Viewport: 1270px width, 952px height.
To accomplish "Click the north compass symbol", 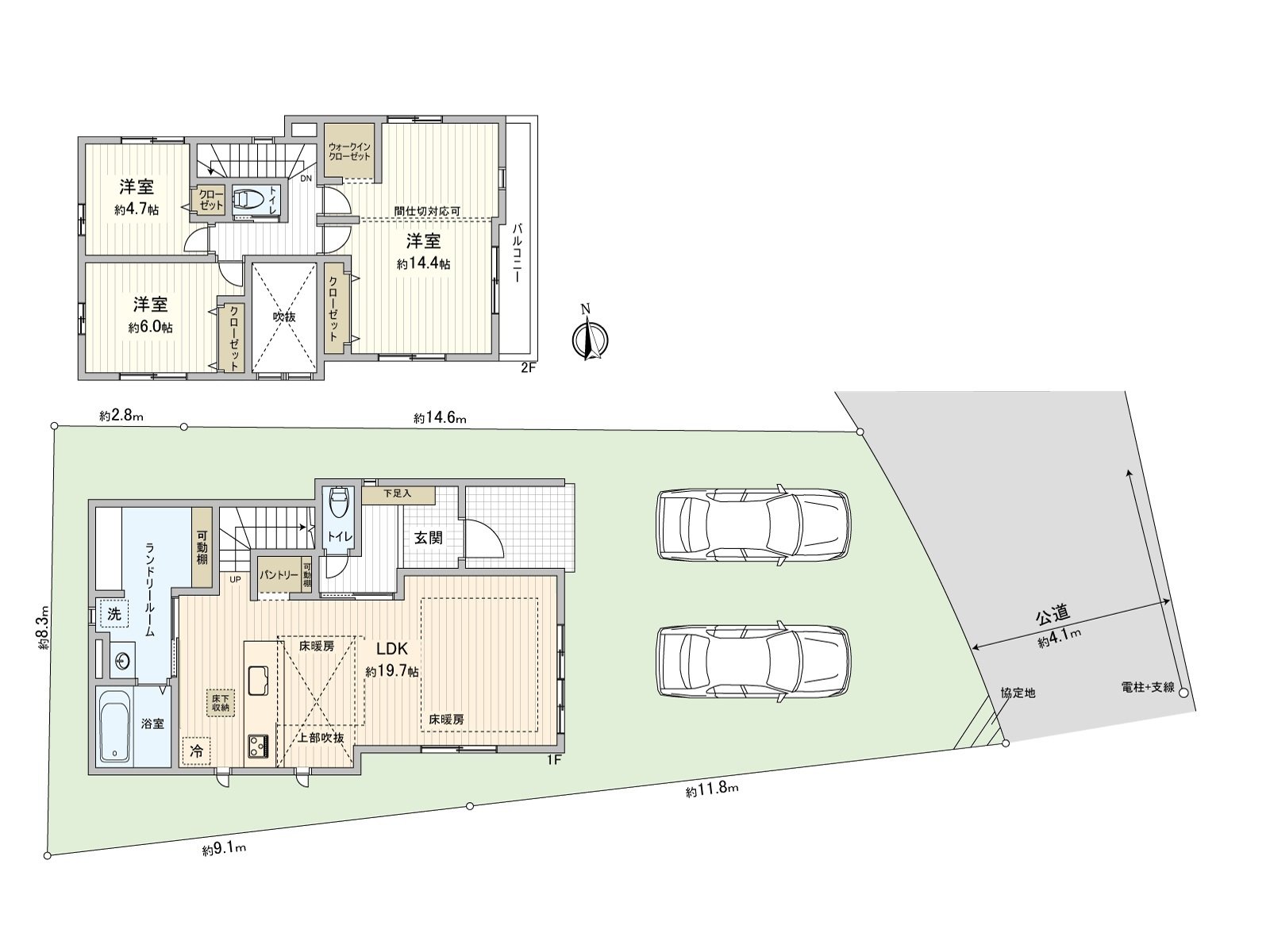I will coord(588,339).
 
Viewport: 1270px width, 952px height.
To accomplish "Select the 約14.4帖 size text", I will coord(423,264).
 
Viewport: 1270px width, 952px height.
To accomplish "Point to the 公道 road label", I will coord(1053,613).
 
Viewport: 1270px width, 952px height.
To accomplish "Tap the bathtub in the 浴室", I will coord(116,726).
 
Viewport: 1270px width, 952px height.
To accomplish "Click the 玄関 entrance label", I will coord(428,537).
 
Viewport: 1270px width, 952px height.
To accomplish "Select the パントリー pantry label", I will coord(278,574).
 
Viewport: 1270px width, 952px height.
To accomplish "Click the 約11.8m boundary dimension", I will coord(712,789).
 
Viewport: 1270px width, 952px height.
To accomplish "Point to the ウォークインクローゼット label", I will coord(349,151).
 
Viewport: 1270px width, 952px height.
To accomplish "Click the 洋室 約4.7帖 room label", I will coord(137,197).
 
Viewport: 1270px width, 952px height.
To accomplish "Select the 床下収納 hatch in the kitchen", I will coord(220,702).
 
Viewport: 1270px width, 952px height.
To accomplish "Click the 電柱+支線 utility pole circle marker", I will coord(1183,693).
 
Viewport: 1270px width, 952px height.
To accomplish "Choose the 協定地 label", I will coord(1018,693).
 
